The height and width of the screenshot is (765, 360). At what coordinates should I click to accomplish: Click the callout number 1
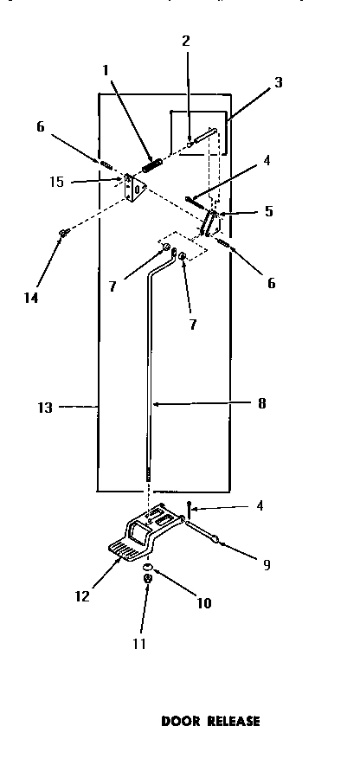point(106,70)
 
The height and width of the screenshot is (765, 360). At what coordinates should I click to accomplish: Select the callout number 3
point(278,82)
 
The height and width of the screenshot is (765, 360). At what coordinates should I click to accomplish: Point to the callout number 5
point(269,210)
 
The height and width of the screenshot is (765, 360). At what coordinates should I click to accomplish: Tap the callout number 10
point(204,604)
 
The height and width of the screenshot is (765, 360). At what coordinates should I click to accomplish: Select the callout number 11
point(138,643)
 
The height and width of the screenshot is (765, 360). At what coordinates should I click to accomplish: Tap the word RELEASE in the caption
point(230,720)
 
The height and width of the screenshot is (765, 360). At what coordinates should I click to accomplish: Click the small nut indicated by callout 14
point(62,233)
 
